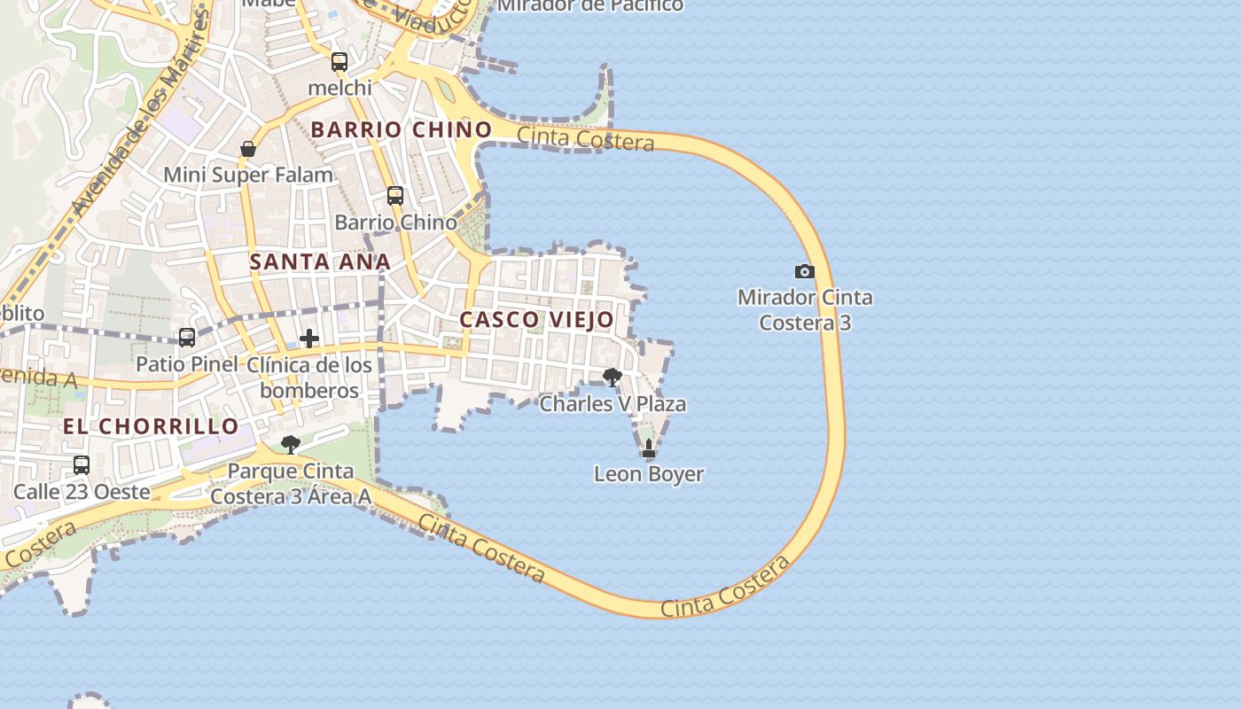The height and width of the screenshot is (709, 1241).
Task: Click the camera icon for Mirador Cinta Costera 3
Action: pos(804,271)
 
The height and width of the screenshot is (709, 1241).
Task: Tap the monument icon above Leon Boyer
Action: pos(649,449)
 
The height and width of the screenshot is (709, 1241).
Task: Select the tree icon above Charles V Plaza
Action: pos(612,378)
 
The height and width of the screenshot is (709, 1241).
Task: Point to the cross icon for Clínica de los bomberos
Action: pos(309,339)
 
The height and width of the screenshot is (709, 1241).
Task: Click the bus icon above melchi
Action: pos(340,62)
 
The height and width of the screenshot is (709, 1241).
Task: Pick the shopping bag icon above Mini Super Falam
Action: pos(248,149)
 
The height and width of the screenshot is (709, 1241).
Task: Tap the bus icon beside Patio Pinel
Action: pos(187,337)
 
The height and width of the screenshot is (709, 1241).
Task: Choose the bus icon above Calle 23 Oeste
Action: pos(82,464)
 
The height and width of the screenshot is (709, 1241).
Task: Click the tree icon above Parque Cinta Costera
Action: pos(290,444)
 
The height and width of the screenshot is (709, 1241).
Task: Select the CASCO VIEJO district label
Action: pos(536,319)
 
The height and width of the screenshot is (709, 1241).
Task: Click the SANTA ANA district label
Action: pos(320,261)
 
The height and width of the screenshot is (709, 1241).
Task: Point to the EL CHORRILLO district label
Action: pos(151,426)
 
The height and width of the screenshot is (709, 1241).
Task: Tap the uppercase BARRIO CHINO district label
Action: pos(402,129)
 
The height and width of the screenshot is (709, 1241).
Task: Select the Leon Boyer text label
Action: pos(649,474)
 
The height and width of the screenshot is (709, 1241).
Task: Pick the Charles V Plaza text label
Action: pos(613,404)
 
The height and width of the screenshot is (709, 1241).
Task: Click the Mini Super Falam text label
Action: pos(248,175)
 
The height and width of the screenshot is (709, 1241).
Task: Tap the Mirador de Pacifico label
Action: pos(590,5)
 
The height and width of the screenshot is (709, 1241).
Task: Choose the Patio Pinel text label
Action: pos(186,363)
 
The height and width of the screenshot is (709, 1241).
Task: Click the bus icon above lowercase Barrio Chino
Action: pos(395,196)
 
